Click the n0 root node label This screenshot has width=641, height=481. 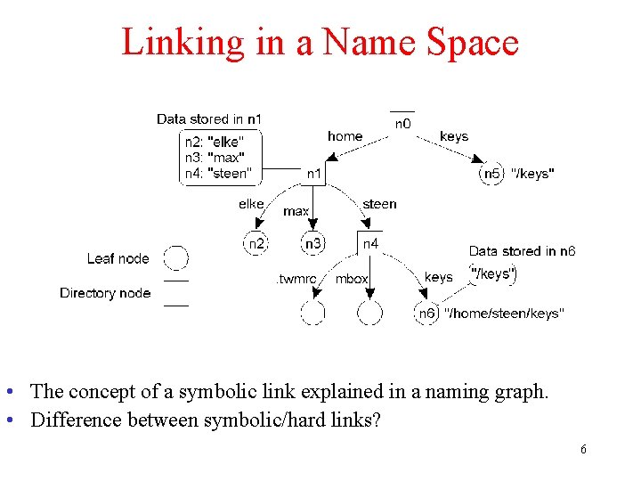point(402,124)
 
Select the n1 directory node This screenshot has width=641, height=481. point(314,175)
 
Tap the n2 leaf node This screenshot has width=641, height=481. point(256,243)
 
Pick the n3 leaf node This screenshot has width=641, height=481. point(313,243)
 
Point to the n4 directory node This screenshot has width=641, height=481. point(370,242)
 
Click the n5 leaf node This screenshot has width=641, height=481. point(492,174)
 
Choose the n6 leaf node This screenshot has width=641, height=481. point(427,314)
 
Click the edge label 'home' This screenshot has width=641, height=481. point(345,136)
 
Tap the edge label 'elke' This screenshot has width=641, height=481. point(251,204)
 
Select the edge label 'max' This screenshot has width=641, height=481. point(296,212)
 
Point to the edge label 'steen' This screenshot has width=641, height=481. point(379,204)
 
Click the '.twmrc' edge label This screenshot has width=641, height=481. point(296,279)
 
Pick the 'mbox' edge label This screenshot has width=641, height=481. point(352,279)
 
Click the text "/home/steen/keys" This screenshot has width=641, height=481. point(504,314)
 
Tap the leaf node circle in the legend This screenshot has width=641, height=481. point(176,258)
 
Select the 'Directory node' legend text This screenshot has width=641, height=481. point(105,293)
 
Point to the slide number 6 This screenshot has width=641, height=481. point(583,450)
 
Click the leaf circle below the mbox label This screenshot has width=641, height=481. point(370,314)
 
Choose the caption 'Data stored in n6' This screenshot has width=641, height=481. point(523,252)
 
